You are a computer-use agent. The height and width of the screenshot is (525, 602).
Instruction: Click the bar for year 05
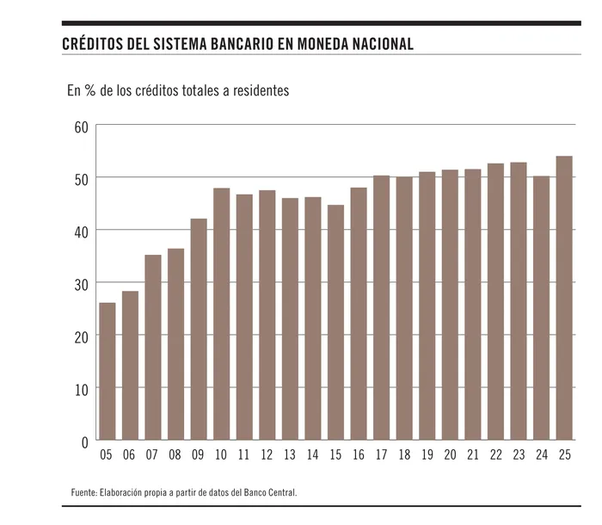(107, 371)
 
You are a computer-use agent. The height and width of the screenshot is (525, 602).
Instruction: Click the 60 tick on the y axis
(81, 127)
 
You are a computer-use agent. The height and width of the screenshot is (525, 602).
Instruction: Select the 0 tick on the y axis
(84, 442)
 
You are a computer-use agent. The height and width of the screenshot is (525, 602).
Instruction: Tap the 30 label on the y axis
(81, 284)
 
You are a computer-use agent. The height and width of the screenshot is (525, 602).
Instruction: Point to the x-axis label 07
(152, 456)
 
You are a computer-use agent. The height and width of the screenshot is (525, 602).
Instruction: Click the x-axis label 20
(450, 456)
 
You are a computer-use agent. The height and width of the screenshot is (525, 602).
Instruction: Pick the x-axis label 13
(290, 456)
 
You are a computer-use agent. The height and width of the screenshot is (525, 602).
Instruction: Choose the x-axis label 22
(495, 456)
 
